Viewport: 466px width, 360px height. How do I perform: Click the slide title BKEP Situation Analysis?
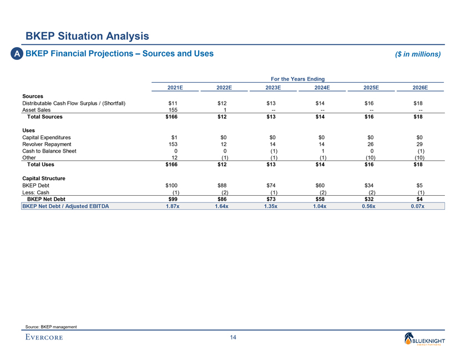(87, 36)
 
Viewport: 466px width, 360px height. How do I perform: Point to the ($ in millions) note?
(417, 54)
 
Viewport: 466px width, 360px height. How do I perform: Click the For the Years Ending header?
(297, 79)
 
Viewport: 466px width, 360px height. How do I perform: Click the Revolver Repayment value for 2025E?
(369, 144)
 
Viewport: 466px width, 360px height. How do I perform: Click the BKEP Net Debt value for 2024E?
(321, 199)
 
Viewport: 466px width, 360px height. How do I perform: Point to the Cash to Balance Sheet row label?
(50, 150)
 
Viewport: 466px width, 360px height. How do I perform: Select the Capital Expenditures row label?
(46, 137)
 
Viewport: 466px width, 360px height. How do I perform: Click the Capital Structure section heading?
(44, 178)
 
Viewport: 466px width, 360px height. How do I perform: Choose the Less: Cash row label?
(36, 192)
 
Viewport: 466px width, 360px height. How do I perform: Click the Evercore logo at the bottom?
(44, 337)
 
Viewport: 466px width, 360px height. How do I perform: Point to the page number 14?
(232, 338)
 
